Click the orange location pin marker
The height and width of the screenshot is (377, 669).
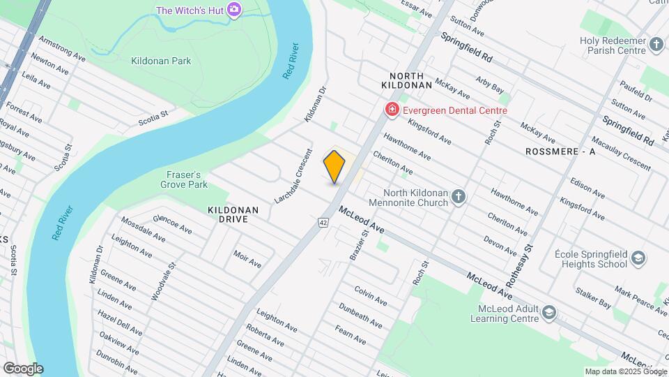coord(334,166)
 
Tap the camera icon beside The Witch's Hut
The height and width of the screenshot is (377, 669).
coord(235,10)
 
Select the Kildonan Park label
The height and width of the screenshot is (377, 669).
coord(161,61)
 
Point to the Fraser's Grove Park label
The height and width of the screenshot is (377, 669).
coord(184,179)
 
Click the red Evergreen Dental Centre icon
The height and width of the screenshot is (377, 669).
coord(392,110)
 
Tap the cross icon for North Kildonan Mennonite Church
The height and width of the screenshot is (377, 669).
coord(458,197)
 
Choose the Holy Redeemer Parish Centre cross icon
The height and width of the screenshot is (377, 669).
coord(656,45)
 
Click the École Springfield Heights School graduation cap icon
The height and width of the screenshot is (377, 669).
coord(638,260)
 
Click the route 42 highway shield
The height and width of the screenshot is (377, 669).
coord(323,223)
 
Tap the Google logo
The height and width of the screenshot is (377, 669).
coord(23,369)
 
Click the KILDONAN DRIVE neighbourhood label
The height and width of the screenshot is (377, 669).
coord(233,214)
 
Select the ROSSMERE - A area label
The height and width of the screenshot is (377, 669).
coord(561,151)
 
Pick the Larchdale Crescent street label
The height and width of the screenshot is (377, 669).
coord(293,176)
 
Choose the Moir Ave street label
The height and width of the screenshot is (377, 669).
coord(247,259)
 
